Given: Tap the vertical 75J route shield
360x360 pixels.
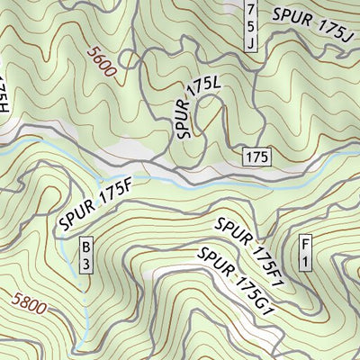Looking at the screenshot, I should (x=252, y=24).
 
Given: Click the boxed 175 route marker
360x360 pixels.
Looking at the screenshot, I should (x=256, y=157).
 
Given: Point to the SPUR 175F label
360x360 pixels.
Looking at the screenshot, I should (x=96, y=206).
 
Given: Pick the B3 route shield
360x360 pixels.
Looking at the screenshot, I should (x=86, y=255).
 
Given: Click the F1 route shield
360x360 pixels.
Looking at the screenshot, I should (x=306, y=255).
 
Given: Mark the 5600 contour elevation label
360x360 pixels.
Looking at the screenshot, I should (x=103, y=62).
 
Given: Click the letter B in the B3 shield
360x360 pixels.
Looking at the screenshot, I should (x=86, y=247).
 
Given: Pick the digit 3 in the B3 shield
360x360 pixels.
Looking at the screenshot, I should (x=86, y=263).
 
